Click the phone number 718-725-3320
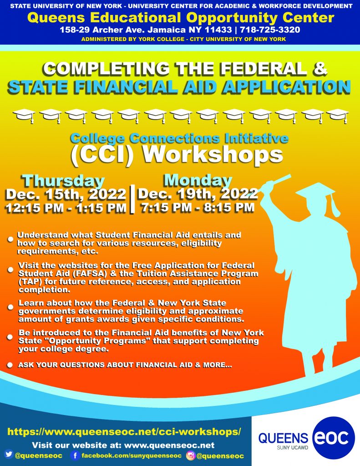coord(270,30)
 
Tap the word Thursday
coord(63,181)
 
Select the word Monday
coord(198,180)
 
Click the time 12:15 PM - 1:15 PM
coord(66,208)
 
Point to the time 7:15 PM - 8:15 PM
coord(198,207)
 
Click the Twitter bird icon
coord(9,454)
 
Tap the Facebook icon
coord(75,455)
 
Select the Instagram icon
coord(191,455)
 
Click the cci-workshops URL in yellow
coord(124,431)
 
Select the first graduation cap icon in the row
coord(24,115)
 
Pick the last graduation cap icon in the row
coord(337,115)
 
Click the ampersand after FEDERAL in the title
coord(320,68)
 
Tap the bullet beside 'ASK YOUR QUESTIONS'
coord(10,365)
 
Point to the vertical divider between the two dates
coord(132,199)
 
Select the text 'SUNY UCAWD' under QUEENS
coord(293,447)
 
